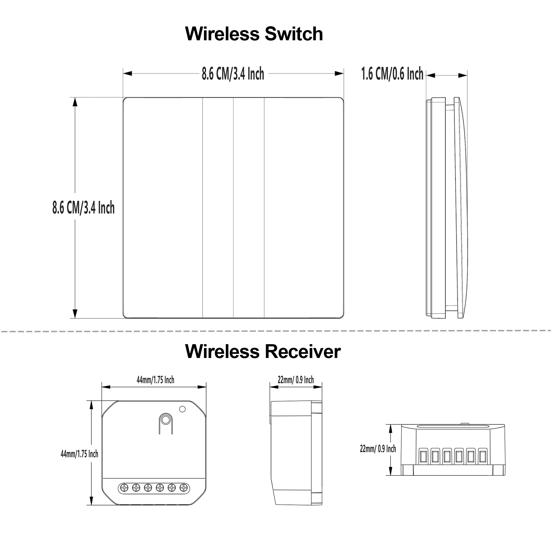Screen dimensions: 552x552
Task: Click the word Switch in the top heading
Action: (x=294, y=34)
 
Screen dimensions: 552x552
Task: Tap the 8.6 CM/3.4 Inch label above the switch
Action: (x=233, y=74)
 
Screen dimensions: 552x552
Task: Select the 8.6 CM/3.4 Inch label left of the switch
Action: (x=83, y=208)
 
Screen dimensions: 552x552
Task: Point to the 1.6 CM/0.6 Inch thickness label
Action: (x=392, y=74)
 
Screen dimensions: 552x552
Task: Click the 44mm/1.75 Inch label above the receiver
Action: (x=155, y=380)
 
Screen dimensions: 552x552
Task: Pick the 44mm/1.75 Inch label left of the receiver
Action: (x=79, y=454)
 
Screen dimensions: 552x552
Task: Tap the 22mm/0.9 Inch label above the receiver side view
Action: (x=296, y=380)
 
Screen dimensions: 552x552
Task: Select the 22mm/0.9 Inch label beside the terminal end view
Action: (x=378, y=449)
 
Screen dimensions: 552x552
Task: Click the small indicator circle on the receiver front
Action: (x=182, y=409)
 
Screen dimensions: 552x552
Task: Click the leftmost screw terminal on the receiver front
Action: (x=124, y=488)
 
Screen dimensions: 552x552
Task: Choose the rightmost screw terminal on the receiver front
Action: (x=184, y=488)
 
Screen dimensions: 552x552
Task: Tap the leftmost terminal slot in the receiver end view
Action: (x=423, y=456)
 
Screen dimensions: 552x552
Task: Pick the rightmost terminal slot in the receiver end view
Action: (x=483, y=456)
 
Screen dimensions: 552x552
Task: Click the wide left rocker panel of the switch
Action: (x=163, y=208)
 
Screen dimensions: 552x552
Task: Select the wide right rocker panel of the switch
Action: (x=304, y=208)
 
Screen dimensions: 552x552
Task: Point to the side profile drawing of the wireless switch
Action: (x=447, y=208)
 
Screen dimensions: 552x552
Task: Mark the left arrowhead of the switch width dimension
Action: (x=128, y=73)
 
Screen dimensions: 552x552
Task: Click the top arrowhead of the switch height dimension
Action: (x=75, y=102)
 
